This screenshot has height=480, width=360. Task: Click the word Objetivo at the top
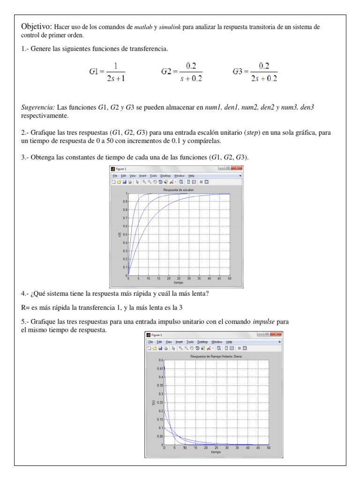(x=37, y=27)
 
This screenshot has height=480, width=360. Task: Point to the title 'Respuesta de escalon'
(x=178, y=189)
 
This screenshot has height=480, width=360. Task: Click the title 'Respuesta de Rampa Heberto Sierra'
(x=216, y=356)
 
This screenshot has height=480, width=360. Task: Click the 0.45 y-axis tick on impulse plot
(x=160, y=368)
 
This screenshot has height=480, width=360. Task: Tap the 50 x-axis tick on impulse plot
(x=269, y=448)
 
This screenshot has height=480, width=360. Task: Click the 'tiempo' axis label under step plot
(x=179, y=283)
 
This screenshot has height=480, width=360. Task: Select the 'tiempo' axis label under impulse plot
(x=216, y=452)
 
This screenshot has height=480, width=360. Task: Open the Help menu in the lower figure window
(x=229, y=342)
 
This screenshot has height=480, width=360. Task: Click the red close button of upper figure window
(x=238, y=168)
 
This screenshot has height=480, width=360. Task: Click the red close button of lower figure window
(x=276, y=335)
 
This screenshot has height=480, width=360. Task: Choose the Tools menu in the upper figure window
(x=153, y=175)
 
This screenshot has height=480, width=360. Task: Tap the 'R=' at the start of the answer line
(x=25, y=307)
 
